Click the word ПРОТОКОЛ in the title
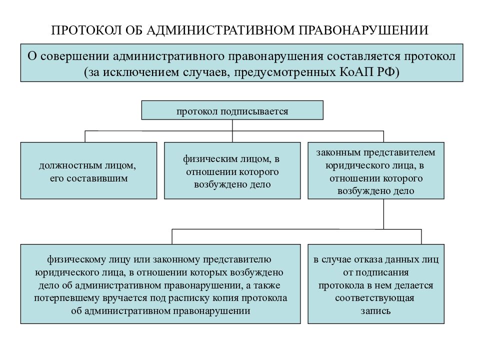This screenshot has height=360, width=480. click(x=86, y=30)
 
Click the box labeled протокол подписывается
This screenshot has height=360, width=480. click(x=232, y=110)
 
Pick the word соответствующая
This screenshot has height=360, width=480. click(x=374, y=298)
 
